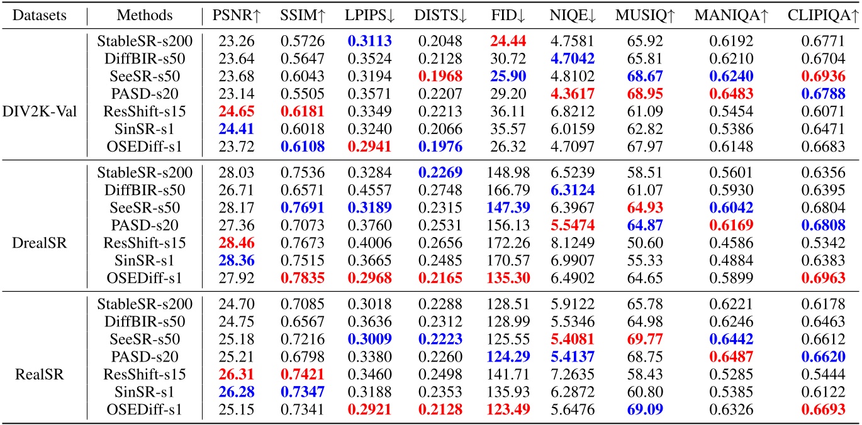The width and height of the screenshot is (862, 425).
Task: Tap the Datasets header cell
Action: point(41,14)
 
